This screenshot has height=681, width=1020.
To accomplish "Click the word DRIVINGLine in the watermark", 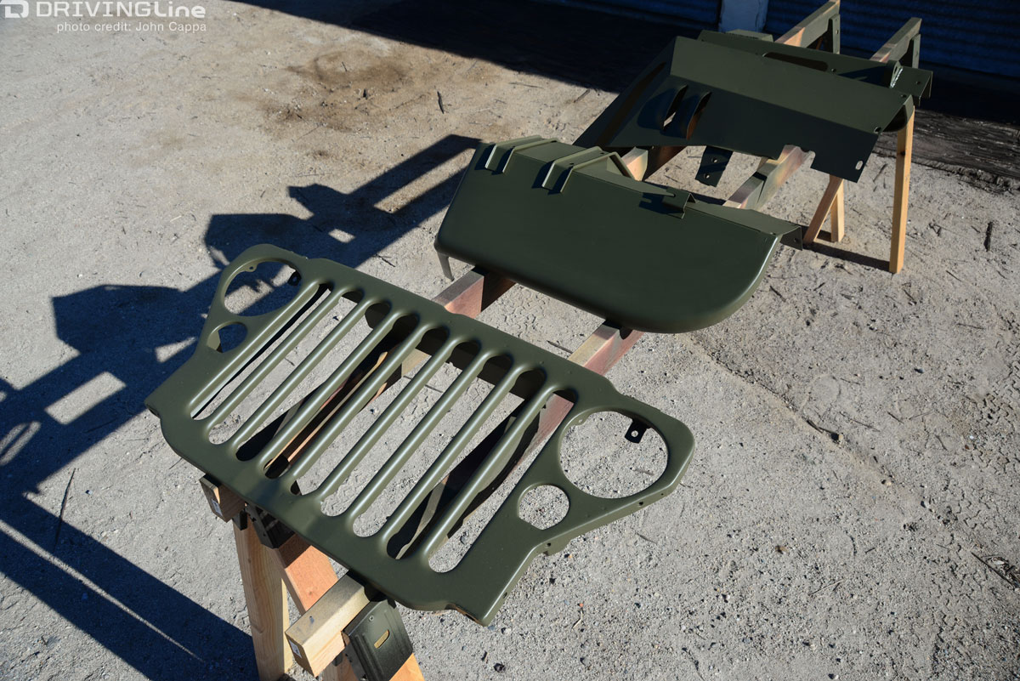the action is point(120,10).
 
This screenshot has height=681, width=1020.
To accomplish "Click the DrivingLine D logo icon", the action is point(16,9).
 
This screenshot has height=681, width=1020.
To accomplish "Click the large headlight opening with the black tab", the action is point(613,454).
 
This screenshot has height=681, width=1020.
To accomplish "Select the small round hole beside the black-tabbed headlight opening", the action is point(544,507).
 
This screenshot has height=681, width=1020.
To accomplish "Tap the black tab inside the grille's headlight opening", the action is point(635,429).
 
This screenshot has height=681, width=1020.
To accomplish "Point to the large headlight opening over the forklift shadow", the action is point(258,287).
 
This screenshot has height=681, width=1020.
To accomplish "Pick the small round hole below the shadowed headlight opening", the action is point(231,336).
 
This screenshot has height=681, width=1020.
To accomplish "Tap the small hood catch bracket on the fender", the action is point(673,201).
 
